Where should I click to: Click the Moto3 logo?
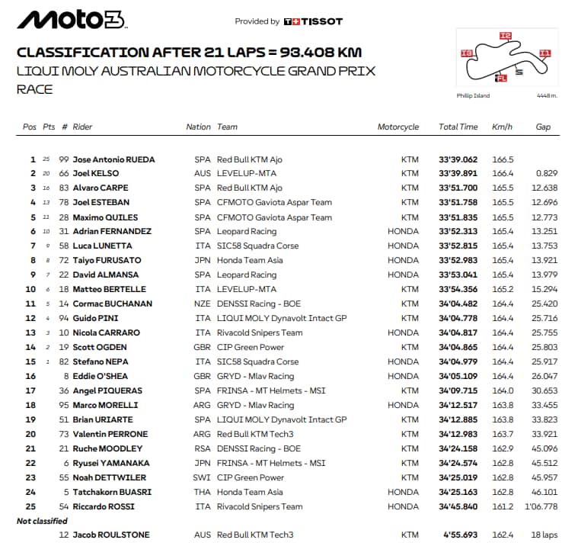[71, 20]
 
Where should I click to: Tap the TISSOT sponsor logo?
[313, 21]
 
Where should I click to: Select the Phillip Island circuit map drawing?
[506, 60]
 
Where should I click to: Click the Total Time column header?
[458, 127]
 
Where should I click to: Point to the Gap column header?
[542, 127]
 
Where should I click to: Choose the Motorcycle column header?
[398, 127]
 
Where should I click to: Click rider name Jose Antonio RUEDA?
[113, 159]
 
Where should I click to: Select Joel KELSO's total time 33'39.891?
[458, 174]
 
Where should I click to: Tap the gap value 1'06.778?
[541, 506]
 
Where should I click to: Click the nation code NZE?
[203, 304]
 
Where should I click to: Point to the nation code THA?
[203, 492]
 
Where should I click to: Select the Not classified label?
[43, 521]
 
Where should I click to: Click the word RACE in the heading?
[35, 89]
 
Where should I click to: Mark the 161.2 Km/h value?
[503, 506]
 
